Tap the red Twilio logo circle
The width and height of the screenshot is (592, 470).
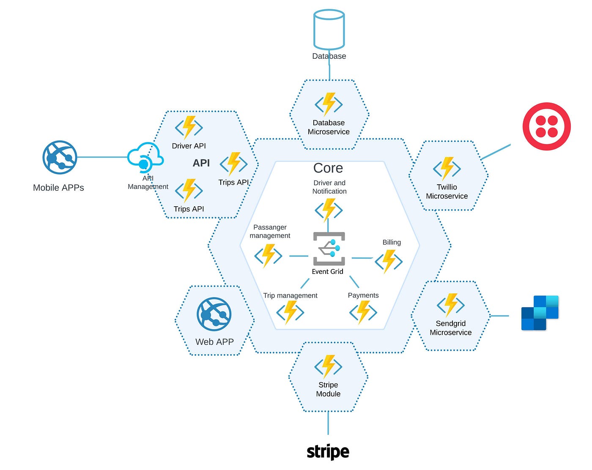[546, 126]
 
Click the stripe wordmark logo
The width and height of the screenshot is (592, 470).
[328, 451]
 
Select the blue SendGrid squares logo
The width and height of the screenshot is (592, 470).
[540, 313]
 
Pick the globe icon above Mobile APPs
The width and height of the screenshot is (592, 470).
[60, 157]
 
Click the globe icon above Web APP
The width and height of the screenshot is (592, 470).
[214, 314]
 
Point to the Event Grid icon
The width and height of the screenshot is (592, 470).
[329, 249]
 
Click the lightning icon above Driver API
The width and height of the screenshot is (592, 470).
[189, 127]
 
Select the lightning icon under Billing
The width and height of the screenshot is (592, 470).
[389, 261]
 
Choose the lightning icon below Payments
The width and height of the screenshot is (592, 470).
[363, 312]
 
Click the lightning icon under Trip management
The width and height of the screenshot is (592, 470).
[290, 312]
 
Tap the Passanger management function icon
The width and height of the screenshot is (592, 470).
[268, 255]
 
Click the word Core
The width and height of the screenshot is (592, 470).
[328, 168]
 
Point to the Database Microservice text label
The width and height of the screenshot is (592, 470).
[329, 127]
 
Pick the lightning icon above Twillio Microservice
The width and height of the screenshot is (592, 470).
[447, 168]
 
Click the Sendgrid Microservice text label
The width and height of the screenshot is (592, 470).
[451, 328]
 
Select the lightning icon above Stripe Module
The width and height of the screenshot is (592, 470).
[328, 366]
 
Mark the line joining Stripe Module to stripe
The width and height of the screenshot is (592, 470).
[328, 423]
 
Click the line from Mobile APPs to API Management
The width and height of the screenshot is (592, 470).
[101, 157]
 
